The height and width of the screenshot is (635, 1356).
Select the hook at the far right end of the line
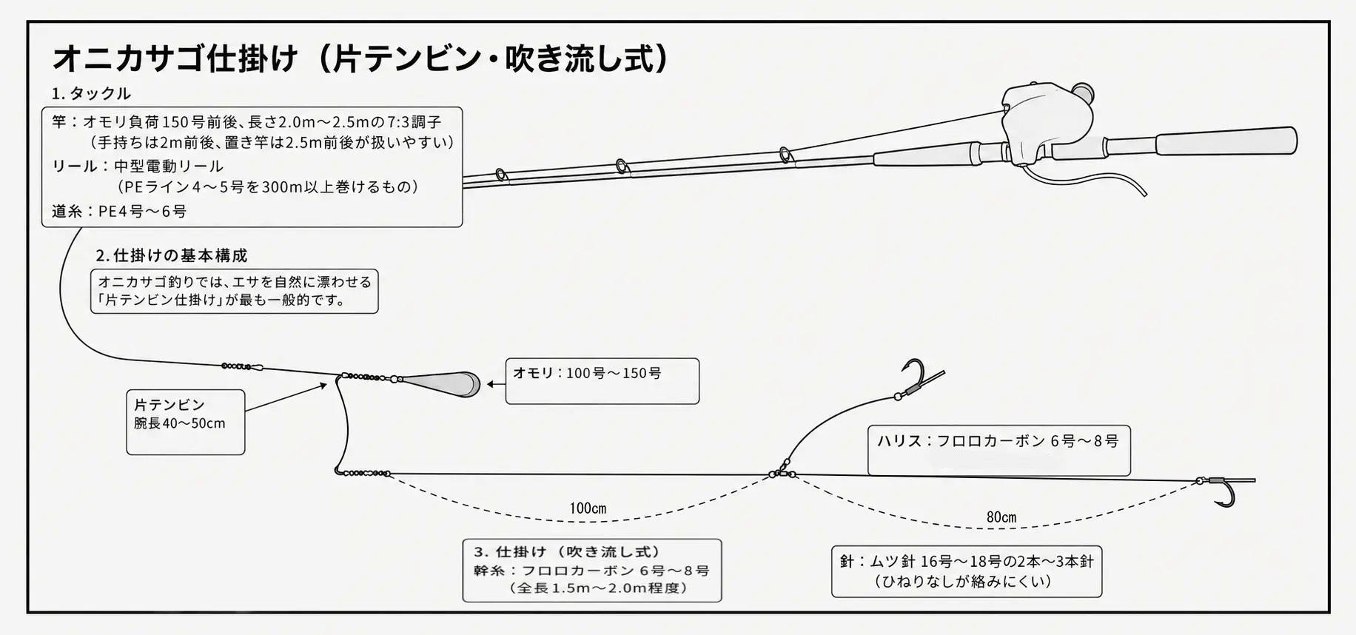pos(1226,490)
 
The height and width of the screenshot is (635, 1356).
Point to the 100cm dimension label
pos(588,508)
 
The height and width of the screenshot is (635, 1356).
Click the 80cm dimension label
pos(1001,517)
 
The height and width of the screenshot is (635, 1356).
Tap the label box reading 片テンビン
pos(186,422)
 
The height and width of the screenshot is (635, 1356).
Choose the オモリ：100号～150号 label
pos(588,373)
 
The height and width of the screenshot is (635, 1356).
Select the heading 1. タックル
pos(91,93)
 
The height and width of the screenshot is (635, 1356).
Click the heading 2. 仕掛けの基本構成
pos(172,255)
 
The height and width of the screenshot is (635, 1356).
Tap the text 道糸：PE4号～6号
pos(119,212)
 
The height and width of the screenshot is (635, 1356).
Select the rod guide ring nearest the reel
pos(785,156)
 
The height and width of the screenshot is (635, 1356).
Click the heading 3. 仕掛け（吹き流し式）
pos(567,552)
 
